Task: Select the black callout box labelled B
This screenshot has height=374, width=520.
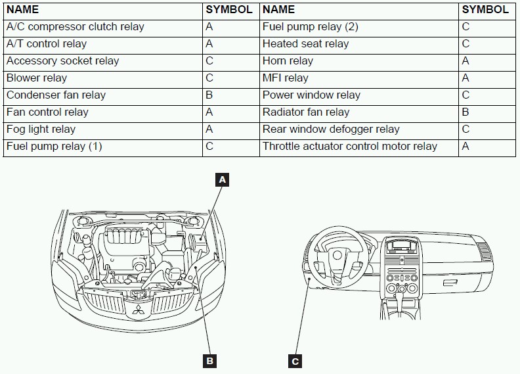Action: pyautogui.click(x=210, y=361)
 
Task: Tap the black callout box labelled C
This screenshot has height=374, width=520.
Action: pyautogui.click(x=295, y=361)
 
